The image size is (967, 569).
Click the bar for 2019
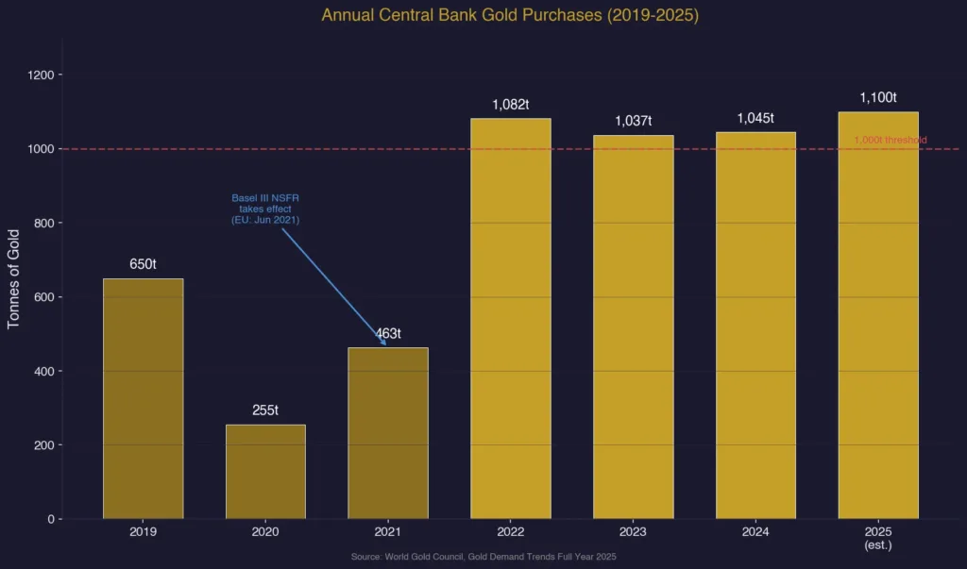pos(143,398)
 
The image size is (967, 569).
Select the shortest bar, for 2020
pos(265,472)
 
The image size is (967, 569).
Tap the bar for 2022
pos(510,318)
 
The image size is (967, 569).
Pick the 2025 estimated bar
pos(877,315)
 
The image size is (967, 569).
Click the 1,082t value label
pos(510,105)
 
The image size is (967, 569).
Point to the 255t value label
pos(265,410)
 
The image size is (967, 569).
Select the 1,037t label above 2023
pos(633,121)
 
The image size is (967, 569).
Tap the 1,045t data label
pos(755,118)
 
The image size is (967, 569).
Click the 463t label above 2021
pos(388,333)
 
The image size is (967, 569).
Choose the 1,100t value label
pos(877,97)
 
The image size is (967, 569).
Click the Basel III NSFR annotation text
pos(265,209)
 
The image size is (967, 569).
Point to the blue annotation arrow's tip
pos(385,345)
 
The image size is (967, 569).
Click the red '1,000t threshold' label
pos(890,141)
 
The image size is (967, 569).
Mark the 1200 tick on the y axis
pos(43,75)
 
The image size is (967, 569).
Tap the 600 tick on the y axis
pos(43,297)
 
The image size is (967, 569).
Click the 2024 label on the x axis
pos(755,532)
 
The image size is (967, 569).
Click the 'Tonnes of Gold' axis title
pos(13,278)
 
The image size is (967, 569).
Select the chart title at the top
pos(510,15)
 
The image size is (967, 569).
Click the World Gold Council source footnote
pos(483,558)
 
